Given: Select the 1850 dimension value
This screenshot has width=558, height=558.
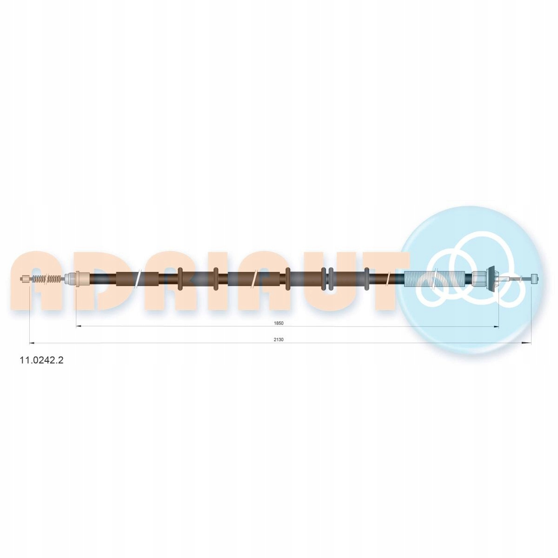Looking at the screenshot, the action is pos(279,324).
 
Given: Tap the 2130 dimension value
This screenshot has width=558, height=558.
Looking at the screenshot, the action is pos(279,340).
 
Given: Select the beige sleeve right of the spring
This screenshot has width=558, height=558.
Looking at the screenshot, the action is pos(83,279).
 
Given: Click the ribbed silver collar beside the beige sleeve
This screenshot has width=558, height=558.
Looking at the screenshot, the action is pos(70,279).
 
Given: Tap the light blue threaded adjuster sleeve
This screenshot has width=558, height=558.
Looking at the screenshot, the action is pos(438,279).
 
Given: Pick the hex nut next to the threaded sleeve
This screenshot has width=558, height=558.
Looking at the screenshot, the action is pos(479,279).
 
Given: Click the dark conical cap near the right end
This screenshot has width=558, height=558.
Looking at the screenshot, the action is pos(492,279).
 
